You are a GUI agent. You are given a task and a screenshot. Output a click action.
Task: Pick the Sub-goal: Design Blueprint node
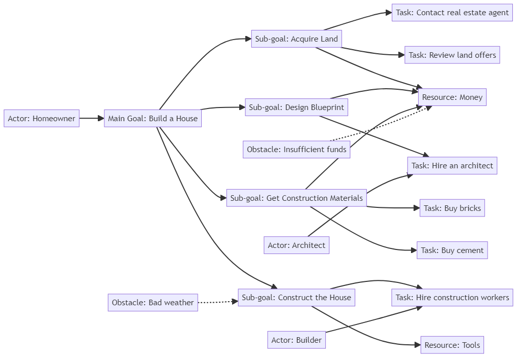pos(296,107)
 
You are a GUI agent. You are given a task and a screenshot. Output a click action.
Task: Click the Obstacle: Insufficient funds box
pos(296,150)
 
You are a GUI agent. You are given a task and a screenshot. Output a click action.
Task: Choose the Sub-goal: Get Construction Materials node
pos(296,198)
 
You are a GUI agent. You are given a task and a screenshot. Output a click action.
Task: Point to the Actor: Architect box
pos(296,245)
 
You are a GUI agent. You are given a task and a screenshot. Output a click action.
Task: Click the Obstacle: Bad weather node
pos(153,303)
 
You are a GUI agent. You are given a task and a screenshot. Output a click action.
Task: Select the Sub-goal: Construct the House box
pos(296,298)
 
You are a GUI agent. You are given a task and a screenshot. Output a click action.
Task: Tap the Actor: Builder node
pos(296,340)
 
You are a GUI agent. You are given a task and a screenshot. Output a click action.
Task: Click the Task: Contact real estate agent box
pos(452,13)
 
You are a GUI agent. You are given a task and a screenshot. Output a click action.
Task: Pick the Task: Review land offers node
pos(452,55)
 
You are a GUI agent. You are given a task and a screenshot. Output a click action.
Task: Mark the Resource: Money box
pos(452,97)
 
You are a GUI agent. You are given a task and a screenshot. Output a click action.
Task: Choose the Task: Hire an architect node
pos(452,166)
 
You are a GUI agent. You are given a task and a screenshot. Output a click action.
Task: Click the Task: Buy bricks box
pos(452,208)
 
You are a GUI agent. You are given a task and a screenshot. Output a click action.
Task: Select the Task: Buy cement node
pos(452,250)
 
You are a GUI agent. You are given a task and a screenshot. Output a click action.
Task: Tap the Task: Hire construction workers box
pos(452,298)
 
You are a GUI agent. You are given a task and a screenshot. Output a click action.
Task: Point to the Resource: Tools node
pos(452,345)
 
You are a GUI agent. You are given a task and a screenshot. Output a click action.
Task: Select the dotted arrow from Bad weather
pos(218,302)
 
